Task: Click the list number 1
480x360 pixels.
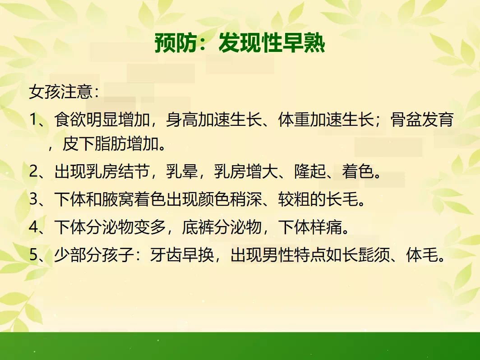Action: pos(33,120)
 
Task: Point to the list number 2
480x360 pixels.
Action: pos(33,171)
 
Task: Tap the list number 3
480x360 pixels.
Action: pos(33,199)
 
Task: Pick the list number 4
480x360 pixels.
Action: pos(33,227)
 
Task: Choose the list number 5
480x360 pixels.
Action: pos(33,255)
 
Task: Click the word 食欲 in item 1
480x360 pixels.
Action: pos(70,120)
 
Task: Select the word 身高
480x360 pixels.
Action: pos(182,120)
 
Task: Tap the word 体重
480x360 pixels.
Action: pos(294,120)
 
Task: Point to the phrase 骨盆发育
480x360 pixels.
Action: pos(422,120)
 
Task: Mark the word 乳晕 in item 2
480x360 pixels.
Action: pos(182,171)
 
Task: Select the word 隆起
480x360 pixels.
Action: pos(310,171)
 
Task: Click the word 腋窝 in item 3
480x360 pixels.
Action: pos(118,199)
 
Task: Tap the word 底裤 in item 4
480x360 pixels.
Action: pos(198,227)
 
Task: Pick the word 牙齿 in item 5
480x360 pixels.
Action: pos(166,255)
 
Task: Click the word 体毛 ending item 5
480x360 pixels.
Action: pos(422,255)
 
